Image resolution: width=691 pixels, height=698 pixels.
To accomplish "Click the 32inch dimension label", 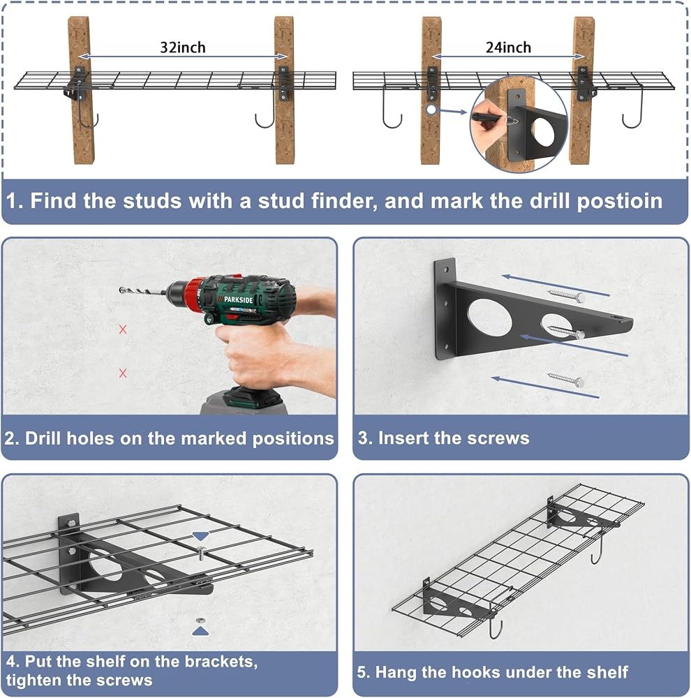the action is point(183,47).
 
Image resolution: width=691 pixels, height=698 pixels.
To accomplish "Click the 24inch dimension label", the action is point(508,47).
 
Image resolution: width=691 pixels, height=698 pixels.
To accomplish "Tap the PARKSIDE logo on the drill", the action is point(238,299).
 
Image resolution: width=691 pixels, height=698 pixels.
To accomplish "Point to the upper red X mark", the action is point(123,329).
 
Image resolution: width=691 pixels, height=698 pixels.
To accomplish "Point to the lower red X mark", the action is point(123,373).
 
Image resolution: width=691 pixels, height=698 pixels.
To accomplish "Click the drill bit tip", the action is point(121,290).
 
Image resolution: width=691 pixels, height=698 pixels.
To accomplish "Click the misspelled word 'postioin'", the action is point(619,202).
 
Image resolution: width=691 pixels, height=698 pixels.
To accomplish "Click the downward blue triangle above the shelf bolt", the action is point(201,536).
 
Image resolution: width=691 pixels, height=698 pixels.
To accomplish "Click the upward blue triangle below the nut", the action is point(200,631).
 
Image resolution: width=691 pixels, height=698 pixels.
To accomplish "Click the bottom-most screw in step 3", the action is point(566,379).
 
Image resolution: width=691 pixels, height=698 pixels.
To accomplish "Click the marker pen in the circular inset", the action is point(490,119).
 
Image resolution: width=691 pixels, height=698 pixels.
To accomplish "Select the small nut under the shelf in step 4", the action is point(200,620).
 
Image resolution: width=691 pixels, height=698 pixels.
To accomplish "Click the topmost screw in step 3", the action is point(566,295).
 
